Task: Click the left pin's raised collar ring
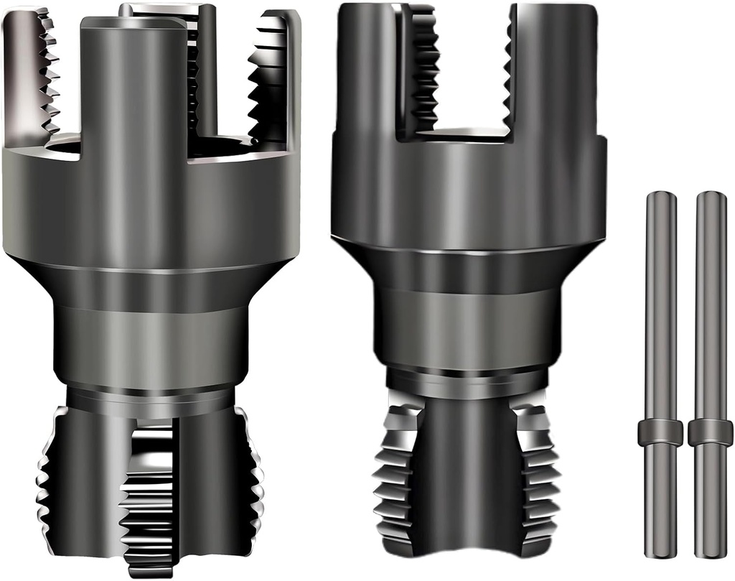click(x=660, y=432)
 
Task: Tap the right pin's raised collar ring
click(x=711, y=432)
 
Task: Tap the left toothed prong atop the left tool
click(x=32, y=72)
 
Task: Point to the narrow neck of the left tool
click(x=151, y=345)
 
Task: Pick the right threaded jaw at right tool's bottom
click(x=535, y=474)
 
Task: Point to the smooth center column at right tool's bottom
click(x=467, y=474)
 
